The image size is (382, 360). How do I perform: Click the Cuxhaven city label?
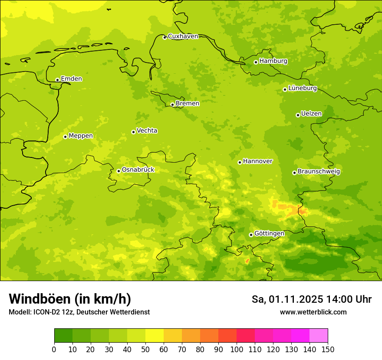pos(183,36)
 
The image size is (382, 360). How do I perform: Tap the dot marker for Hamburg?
pos(256,62)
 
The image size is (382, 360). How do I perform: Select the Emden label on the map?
pos(71,79)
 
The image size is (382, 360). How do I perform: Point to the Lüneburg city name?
pos(302,88)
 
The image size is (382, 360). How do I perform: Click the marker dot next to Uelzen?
pos(298,115)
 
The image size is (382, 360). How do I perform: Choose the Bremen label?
pos(187,104)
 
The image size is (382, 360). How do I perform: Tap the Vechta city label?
pos(147,131)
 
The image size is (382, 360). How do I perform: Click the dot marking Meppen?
pos(65,137)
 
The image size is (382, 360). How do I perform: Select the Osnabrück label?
pos(138,170)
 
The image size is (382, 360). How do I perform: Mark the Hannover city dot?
pos(240,162)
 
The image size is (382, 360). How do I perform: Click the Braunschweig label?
pos(319,172)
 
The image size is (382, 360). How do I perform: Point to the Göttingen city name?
pos(269,233)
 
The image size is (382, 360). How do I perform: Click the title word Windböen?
pos(40,299)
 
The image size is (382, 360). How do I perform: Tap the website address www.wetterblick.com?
pos(313,312)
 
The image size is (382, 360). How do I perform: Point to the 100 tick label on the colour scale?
pos(237,349)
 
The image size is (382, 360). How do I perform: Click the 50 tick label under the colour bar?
pos(145,349)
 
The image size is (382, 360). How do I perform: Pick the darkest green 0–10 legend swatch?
pos(63,336)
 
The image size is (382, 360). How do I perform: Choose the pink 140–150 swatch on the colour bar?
pos(319,336)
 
